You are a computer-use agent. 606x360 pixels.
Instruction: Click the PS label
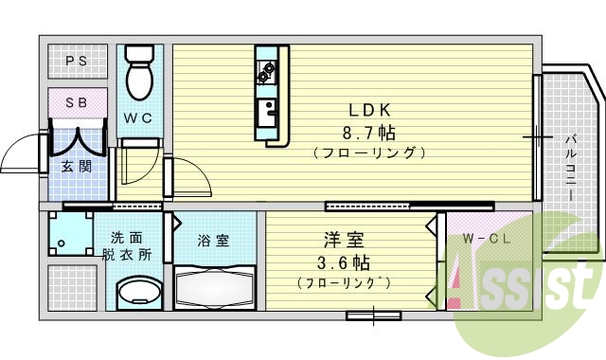(77, 63)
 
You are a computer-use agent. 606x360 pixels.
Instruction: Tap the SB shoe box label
(77, 101)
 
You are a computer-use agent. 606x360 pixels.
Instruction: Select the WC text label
(139, 118)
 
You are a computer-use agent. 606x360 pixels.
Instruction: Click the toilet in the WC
(140, 74)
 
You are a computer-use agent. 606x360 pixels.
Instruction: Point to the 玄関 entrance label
(76, 167)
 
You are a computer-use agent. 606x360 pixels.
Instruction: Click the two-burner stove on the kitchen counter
(265, 69)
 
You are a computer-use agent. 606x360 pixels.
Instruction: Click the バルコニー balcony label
(572, 166)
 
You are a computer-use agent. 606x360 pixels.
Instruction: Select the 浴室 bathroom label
(213, 240)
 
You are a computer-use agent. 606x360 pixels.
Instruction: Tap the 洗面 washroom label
(127, 239)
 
